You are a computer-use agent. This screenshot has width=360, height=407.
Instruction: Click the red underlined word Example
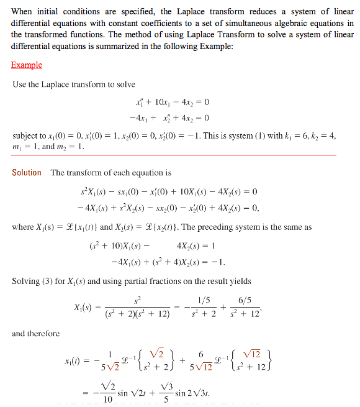(x=27, y=65)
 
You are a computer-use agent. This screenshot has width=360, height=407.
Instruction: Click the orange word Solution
(x=27, y=173)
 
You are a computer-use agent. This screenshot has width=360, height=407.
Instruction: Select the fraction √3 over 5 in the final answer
(x=166, y=393)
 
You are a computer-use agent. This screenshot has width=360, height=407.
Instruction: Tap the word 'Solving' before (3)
(x=27, y=281)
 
